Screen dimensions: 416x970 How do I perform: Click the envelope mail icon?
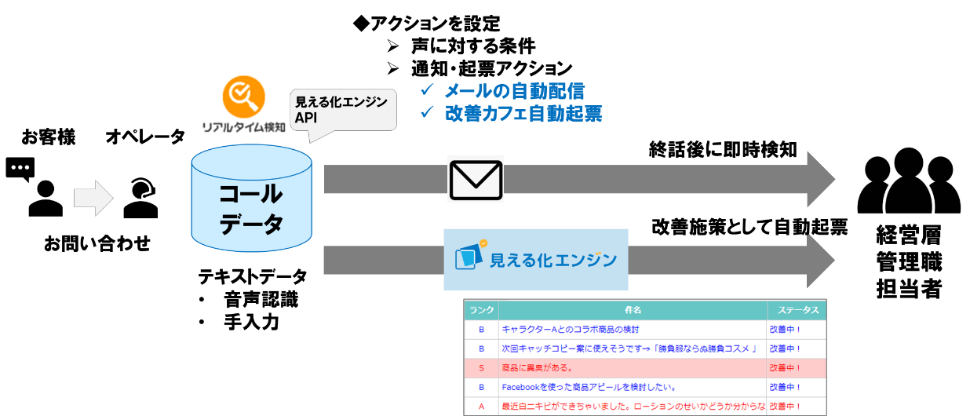(x=475, y=180)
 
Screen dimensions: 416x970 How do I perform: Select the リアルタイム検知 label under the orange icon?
(x=244, y=126)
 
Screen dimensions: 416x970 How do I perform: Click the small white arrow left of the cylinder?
(x=93, y=199)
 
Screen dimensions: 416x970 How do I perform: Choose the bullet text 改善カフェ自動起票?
(x=523, y=114)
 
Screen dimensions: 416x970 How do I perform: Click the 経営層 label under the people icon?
(x=909, y=234)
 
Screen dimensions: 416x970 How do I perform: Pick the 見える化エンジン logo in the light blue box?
(x=536, y=259)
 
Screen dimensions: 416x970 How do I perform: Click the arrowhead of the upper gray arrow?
(x=821, y=180)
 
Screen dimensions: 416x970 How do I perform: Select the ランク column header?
(x=481, y=310)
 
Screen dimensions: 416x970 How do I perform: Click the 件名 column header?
(x=633, y=310)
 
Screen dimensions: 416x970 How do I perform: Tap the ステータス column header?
(x=796, y=310)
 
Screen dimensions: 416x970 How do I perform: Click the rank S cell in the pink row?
(x=481, y=367)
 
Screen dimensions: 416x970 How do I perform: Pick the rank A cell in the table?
(x=481, y=407)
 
